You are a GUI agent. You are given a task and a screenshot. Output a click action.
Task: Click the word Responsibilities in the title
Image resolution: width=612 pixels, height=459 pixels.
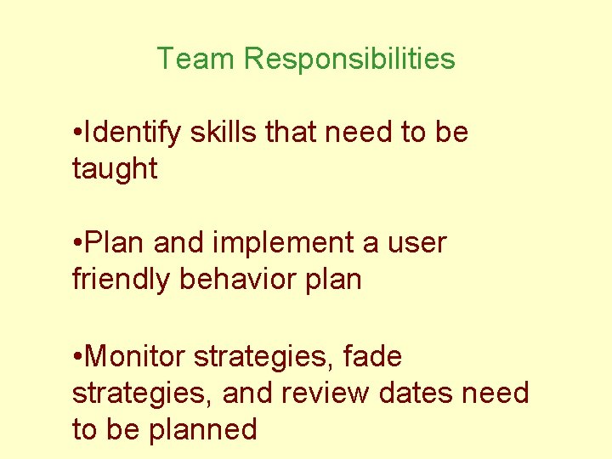349,59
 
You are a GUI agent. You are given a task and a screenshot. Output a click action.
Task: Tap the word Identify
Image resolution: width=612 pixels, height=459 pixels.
133,133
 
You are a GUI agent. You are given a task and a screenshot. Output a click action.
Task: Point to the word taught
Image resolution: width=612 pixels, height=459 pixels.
115,169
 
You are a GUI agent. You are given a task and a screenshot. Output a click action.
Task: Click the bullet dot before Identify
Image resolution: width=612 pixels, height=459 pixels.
77,133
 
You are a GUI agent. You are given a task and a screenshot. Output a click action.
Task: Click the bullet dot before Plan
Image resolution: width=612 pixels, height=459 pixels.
77,244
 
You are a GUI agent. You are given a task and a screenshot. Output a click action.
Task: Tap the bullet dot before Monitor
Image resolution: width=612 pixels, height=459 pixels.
77,357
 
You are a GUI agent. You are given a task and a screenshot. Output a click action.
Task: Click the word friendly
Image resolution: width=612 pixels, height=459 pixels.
122,279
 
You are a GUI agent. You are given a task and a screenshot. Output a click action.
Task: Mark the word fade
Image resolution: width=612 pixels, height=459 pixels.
372,357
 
